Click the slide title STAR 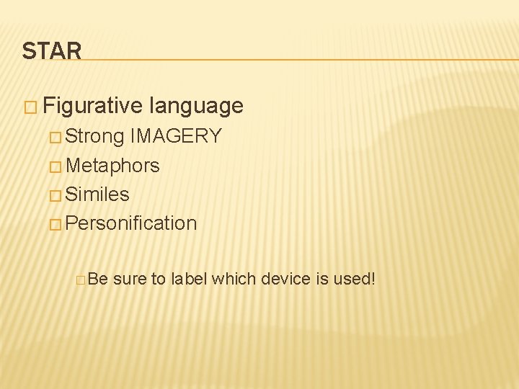(51, 50)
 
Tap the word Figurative (92, 107)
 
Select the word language (196, 107)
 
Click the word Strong (95, 136)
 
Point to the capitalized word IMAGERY (176, 136)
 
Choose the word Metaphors (112, 166)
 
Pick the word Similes (97, 194)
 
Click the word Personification (131, 223)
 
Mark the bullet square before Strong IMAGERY (56, 137)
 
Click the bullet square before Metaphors (56, 166)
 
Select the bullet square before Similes (56, 195)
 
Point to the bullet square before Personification (56, 224)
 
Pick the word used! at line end (354, 278)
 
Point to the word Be (97, 278)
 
